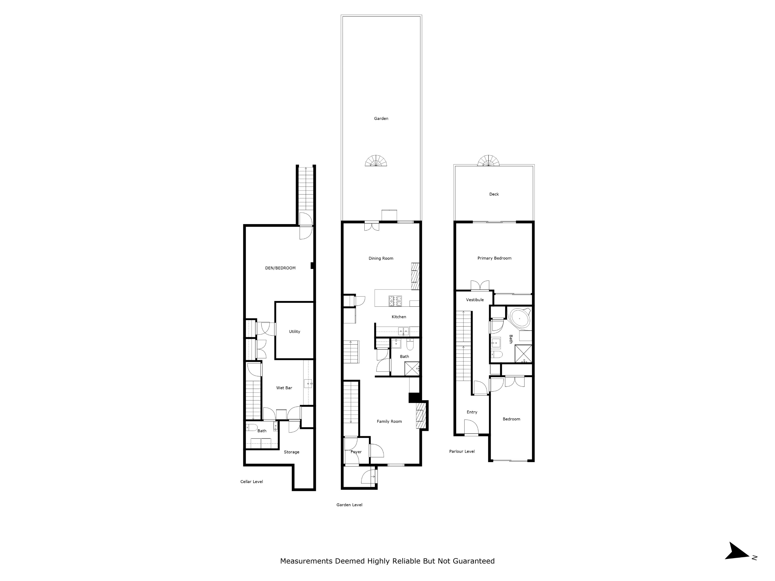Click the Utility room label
[x=294, y=332]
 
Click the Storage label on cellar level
[x=291, y=452]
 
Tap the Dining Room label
[x=381, y=258]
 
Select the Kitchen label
[x=399, y=317]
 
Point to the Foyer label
[x=356, y=452]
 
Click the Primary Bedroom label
[x=494, y=258]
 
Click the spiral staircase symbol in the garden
[x=376, y=161]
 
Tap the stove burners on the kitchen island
[x=395, y=301]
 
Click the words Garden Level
[x=349, y=505]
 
